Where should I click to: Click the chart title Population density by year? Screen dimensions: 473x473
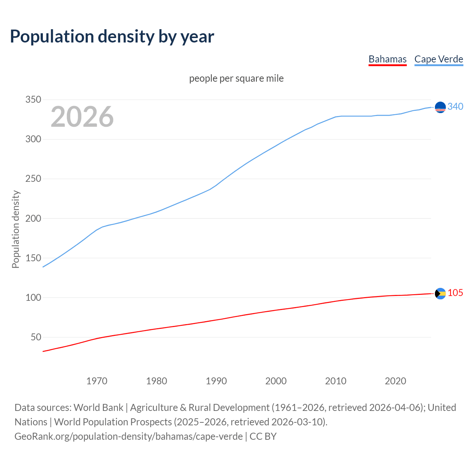(x=112, y=37)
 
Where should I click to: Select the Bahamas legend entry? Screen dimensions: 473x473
(x=387, y=59)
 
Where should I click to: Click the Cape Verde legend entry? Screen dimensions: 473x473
(x=439, y=59)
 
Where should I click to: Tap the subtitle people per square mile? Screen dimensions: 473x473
(x=236, y=78)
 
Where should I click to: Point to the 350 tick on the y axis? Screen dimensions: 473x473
(x=33, y=100)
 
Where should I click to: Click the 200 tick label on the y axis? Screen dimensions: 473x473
(x=33, y=218)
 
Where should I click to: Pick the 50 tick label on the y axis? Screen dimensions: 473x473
(x=36, y=337)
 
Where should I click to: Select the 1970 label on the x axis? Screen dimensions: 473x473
(x=97, y=381)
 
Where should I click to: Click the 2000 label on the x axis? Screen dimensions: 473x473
(x=276, y=381)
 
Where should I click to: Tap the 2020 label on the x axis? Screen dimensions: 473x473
(x=395, y=381)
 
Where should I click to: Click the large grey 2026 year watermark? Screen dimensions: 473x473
(x=82, y=117)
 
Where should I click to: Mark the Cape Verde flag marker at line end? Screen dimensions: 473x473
(x=440, y=107)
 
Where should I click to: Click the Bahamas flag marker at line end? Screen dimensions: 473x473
(x=440, y=293)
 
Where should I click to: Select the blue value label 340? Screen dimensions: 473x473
(x=455, y=106)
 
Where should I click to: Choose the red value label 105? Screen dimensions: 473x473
(x=455, y=293)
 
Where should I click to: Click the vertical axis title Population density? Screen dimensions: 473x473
(x=16, y=229)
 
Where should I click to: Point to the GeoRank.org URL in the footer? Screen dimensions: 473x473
(x=129, y=436)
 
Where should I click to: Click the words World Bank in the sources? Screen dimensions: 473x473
(x=98, y=407)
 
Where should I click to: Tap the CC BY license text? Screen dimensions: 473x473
(x=263, y=436)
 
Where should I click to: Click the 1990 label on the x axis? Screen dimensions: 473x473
(x=216, y=381)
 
